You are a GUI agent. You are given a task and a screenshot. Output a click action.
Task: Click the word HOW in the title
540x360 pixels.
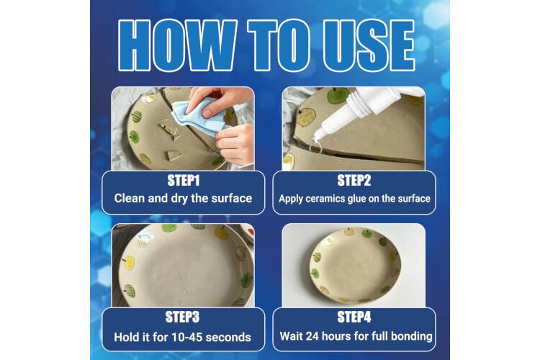[x=177, y=45]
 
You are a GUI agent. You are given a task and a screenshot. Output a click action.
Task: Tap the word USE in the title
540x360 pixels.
[x=369, y=45]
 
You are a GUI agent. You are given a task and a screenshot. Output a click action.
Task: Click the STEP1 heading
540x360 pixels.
[x=183, y=181]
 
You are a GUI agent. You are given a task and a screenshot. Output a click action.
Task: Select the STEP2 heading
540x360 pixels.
[x=354, y=181]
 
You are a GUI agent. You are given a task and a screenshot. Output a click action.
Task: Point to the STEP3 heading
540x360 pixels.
[x=183, y=317]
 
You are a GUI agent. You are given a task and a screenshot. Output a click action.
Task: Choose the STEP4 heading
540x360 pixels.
[x=354, y=317]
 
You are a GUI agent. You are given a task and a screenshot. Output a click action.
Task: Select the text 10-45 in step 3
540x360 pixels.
[x=187, y=337]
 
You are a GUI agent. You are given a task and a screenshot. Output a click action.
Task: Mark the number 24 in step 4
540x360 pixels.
[x=312, y=336]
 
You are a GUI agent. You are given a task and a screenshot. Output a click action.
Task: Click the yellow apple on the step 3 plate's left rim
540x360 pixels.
[x=128, y=263]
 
